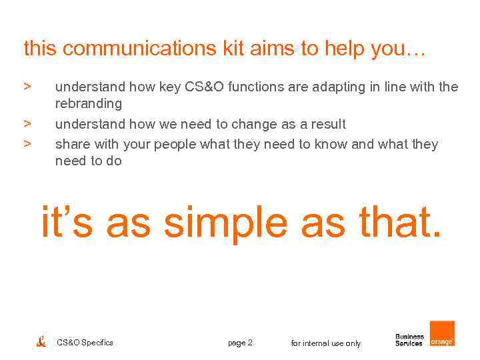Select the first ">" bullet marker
click(x=27, y=87)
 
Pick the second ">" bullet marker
click(x=27, y=123)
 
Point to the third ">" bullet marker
click(x=27, y=144)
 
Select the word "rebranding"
click(x=89, y=104)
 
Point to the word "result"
click(x=327, y=124)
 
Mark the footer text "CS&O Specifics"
click(x=85, y=343)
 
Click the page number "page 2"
click(x=240, y=343)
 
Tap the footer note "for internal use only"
click(x=325, y=343)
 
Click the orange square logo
click(x=442, y=333)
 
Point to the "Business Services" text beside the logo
click(x=409, y=340)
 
